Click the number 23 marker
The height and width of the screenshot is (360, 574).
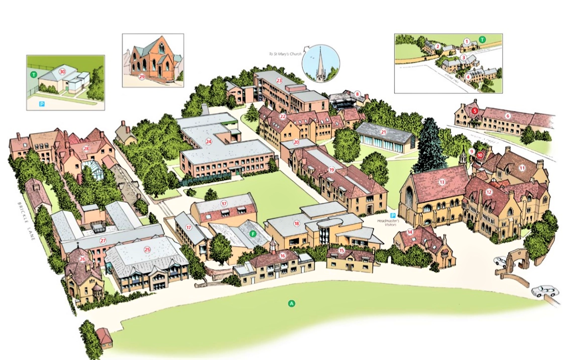pyautogui.click(x=279, y=80)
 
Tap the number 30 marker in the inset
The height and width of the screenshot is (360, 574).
pyautogui.click(x=62, y=71)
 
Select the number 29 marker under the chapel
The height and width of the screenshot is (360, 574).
pyautogui.click(x=142, y=77)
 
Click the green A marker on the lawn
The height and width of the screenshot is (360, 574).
pyautogui.click(x=291, y=303)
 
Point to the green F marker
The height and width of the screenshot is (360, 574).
pyautogui.click(x=253, y=233)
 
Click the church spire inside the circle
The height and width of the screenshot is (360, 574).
pyautogui.click(x=320, y=62)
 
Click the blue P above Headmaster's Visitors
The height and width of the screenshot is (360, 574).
pyautogui.click(x=393, y=215)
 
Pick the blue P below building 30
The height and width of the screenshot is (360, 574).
pyautogui.click(x=42, y=104)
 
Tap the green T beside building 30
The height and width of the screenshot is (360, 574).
pyautogui.click(x=34, y=74)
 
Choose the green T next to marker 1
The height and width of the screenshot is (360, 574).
pyautogui.click(x=482, y=39)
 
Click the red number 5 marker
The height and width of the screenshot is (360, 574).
pyautogui.click(x=475, y=111)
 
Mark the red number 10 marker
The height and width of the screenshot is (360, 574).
pyautogui.click(x=480, y=155)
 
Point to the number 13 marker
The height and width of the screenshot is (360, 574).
pyautogui.click(x=442, y=182)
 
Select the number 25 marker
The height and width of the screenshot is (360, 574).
pyautogui.click(x=147, y=250)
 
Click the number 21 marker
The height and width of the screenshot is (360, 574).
pyautogui.click(x=383, y=132)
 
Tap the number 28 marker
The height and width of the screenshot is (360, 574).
pyautogui.click(x=86, y=149)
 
